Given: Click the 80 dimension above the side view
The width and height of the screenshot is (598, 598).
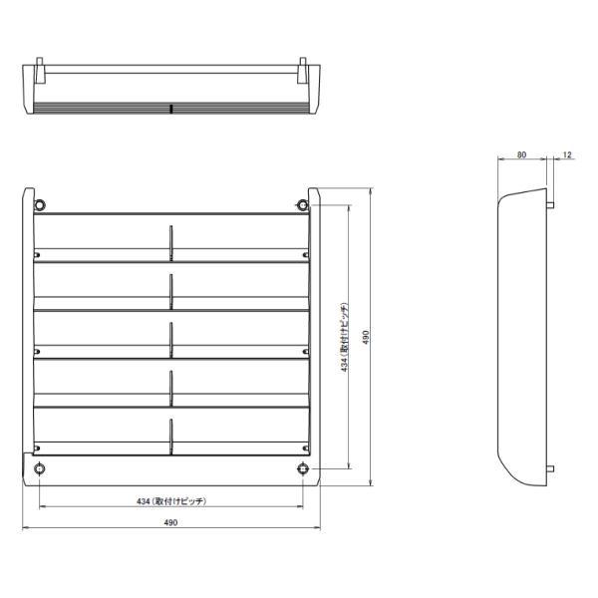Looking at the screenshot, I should pyautogui.click(x=521, y=155).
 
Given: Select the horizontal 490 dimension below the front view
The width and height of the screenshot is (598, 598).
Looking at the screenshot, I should pyautogui.click(x=169, y=522).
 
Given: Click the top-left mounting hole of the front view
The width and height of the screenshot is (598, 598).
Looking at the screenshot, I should pyautogui.click(x=39, y=204).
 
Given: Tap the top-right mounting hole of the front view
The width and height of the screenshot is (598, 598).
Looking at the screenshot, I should pyautogui.click(x=301, y=204).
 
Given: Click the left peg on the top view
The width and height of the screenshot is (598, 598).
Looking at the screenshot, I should pyautogui.click(x=39, y=72).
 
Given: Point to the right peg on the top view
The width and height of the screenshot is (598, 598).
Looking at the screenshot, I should pyautogui.click(x=301, y=72).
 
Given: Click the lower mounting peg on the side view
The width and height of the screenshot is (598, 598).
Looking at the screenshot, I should pyautogui.click(x=550, y=467).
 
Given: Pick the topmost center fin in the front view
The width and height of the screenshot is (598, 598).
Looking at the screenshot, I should pyautogui.click(x=170, y=242).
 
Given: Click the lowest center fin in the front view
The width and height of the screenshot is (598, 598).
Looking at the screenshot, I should pyautogui.click(x=170, y=437).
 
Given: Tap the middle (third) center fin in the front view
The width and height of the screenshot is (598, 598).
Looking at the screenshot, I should pyautogui.click(x=170, y=339).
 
